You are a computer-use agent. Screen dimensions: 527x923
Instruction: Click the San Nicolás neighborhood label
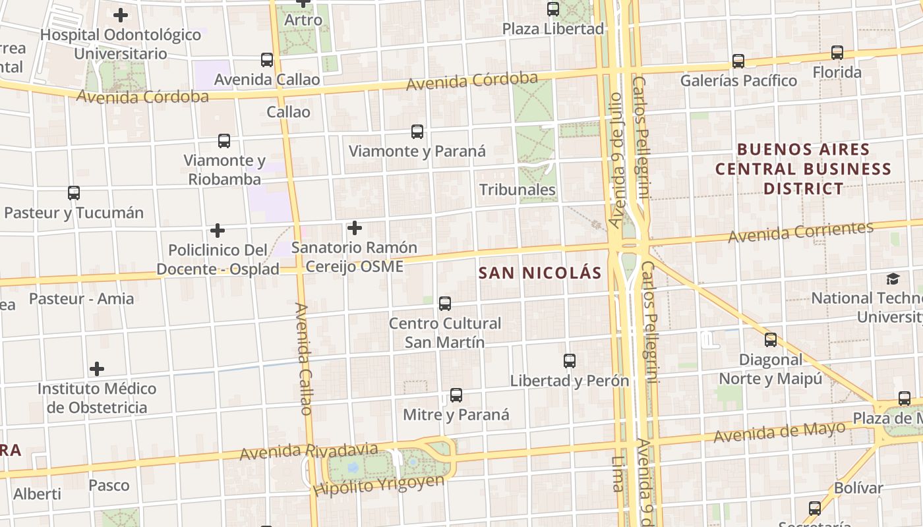[x=540, y=273]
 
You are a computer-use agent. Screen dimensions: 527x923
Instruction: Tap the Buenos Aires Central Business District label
[x=803, y=169]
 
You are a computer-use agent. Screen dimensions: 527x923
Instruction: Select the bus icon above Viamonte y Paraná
[x=417, y=132]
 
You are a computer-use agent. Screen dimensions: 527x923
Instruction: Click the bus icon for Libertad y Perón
[x=570, y=361]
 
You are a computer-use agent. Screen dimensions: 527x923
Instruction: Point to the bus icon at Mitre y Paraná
[x=456, y=395]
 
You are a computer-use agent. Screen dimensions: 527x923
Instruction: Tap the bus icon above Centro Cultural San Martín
[x=445, y=304]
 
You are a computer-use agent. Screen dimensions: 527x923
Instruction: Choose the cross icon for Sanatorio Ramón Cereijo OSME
[x=355, y=228]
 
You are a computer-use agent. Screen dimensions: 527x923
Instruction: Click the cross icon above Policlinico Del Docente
[x=218, y=231]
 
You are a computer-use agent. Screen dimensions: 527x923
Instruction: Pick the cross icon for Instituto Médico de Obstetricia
[x=97, y=368]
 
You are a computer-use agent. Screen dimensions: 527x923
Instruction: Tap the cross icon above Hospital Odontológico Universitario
[x=121, y=14]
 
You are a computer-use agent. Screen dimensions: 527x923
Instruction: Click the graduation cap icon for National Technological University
[x=893, y=279]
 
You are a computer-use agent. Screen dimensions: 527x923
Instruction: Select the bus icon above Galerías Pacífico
[x=738, y=61]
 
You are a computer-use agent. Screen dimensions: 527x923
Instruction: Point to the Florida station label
[x=837, y=72]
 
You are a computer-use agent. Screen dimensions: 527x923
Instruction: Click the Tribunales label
[x=518, y=190]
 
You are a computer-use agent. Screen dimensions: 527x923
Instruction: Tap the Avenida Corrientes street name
[x=800, y=232]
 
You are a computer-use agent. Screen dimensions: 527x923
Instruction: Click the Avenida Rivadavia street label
[x=309, y=452]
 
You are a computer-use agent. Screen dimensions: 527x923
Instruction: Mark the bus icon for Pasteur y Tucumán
[x=74, y=193]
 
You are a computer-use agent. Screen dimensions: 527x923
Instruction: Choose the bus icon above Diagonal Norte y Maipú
[x=771, y=340]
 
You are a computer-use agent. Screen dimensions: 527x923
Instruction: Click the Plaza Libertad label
[x=553, y=28]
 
